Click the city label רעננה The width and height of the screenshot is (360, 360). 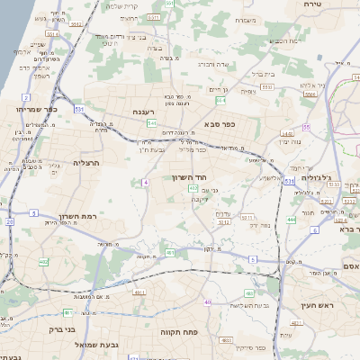(145, 112)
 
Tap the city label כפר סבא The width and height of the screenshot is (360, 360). (220, 123)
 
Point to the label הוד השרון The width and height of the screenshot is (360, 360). (191, 177)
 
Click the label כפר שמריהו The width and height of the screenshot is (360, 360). (34, 109)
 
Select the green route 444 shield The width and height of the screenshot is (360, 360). (292, 220)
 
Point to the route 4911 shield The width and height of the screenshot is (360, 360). (139, 292)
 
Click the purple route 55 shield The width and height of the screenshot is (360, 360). (306, 128)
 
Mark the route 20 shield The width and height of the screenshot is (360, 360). (9, 220)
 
